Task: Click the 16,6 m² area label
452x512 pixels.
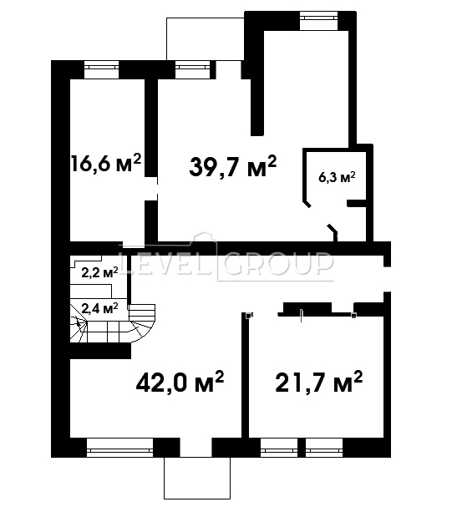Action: click(106, 163)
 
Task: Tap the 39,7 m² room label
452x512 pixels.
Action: click(233, 166)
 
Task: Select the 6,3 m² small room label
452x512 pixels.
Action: click(337, 177)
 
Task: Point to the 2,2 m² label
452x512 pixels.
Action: click(99, 272)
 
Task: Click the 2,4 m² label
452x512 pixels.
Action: click(99, 307)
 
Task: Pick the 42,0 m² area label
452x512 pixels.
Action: click(180, 382)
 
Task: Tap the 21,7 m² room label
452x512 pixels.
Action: click(319, 382)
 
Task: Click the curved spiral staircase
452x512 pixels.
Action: click(112, 324)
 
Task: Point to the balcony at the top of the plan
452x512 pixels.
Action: click(205, 39)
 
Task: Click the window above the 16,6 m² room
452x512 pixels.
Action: click(102, 69)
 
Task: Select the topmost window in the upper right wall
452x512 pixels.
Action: click(319, 21)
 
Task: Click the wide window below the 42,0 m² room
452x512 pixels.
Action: click(119, 448)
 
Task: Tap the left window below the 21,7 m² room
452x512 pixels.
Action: click(279, 448)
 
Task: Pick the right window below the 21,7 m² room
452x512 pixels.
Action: click(324, 448)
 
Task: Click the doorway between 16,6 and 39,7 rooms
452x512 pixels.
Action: click(151, 189)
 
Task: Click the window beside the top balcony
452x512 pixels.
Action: click(192, 69)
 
